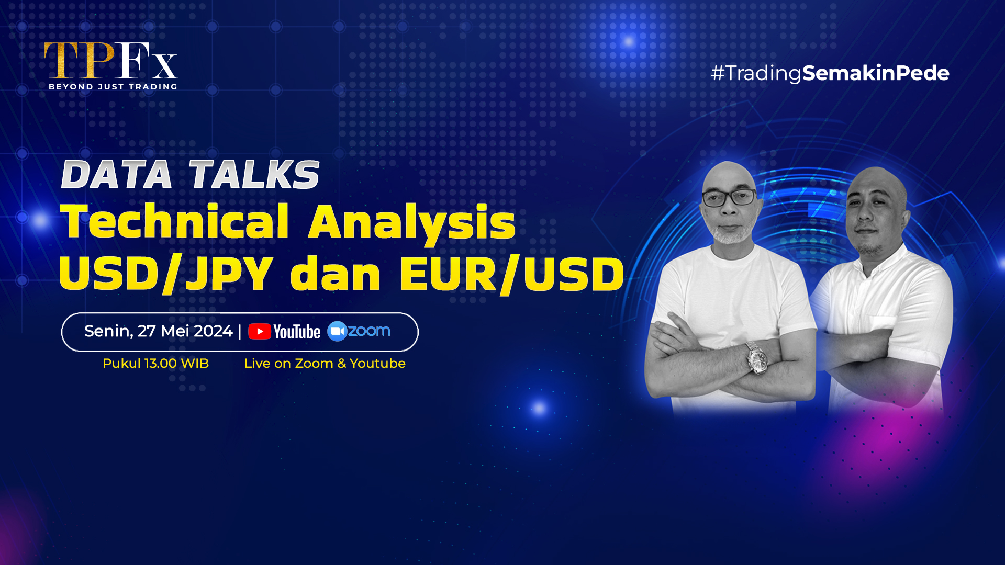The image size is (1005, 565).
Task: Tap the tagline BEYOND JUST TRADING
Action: pyautogui.click(x=113, y=87)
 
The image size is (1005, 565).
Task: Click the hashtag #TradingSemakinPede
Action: pyautogui.click(x=830, y=73)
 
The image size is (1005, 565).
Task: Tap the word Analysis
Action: pyautogui.click(x=412, y=223)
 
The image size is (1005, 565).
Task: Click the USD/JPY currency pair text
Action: pyautogui.click(x=166, y=274)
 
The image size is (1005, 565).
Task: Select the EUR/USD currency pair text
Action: pyautogui.click(x=512, y=274)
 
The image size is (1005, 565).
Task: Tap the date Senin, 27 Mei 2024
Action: pyautogui.click(x=158, y=331)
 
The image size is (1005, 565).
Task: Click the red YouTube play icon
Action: pyautogui.click(x=260, y=332)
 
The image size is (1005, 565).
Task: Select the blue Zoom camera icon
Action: pyautogui.click(x=337, y=331)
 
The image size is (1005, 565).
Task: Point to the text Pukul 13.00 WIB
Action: pyautogui.click(x=155, y=364)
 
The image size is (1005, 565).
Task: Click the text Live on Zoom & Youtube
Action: pyautogui.click(x=325, y=364)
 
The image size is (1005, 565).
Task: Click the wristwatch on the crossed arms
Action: pyautogui.click(x=757, y=359)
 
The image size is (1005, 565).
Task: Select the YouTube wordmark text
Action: pyautogui.click(x=297, y=332)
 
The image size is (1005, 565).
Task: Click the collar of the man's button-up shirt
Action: pyautogui.click(x=879, y=262)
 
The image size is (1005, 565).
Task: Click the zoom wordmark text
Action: pyautogui.click(x=369, y=331)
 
